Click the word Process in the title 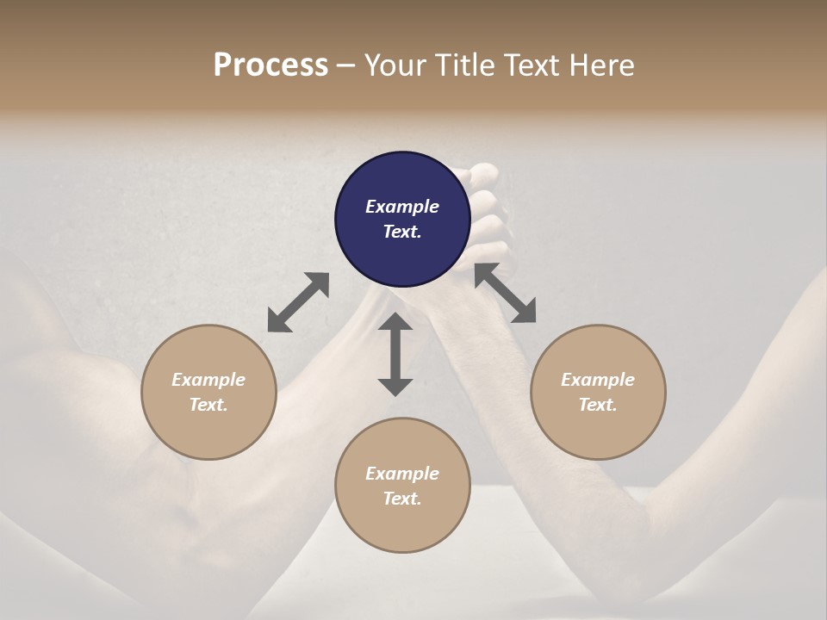[x=270, y=65]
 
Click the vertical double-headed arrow [x=395, y=354]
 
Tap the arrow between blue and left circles [x=298, y=302]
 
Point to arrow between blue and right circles [x=506, y=294]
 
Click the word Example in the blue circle [x=402, y=207]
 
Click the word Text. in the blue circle [x=402, y=232]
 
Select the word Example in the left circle [x=208, y=380]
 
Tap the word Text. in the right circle [x=598, y=405]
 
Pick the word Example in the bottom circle [x=402, y=474]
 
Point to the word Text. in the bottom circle [x=402, y=499]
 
